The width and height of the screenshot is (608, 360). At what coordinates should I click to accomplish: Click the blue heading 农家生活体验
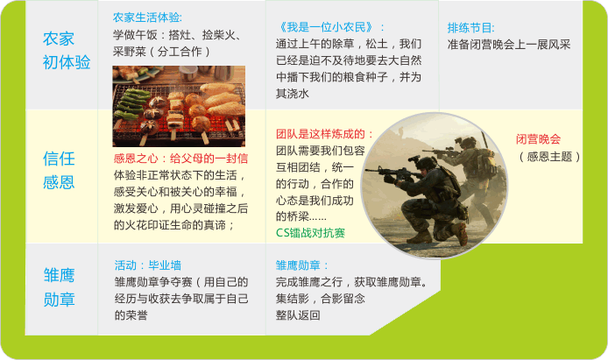click(147, 18)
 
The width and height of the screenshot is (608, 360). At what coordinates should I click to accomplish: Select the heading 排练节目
click(470, 27)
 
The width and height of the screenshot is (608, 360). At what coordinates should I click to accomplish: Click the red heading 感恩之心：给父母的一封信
click(180, 159)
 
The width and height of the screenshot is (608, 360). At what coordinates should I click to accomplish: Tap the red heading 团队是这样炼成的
click(324, 134)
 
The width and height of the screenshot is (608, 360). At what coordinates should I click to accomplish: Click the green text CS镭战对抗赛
click(310, 233)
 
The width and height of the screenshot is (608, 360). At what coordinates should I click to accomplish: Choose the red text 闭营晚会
click(538, 139)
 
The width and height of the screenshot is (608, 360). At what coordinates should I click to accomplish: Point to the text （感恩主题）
click(549, 157)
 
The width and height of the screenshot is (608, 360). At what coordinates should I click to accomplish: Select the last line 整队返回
click(298, 314)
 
